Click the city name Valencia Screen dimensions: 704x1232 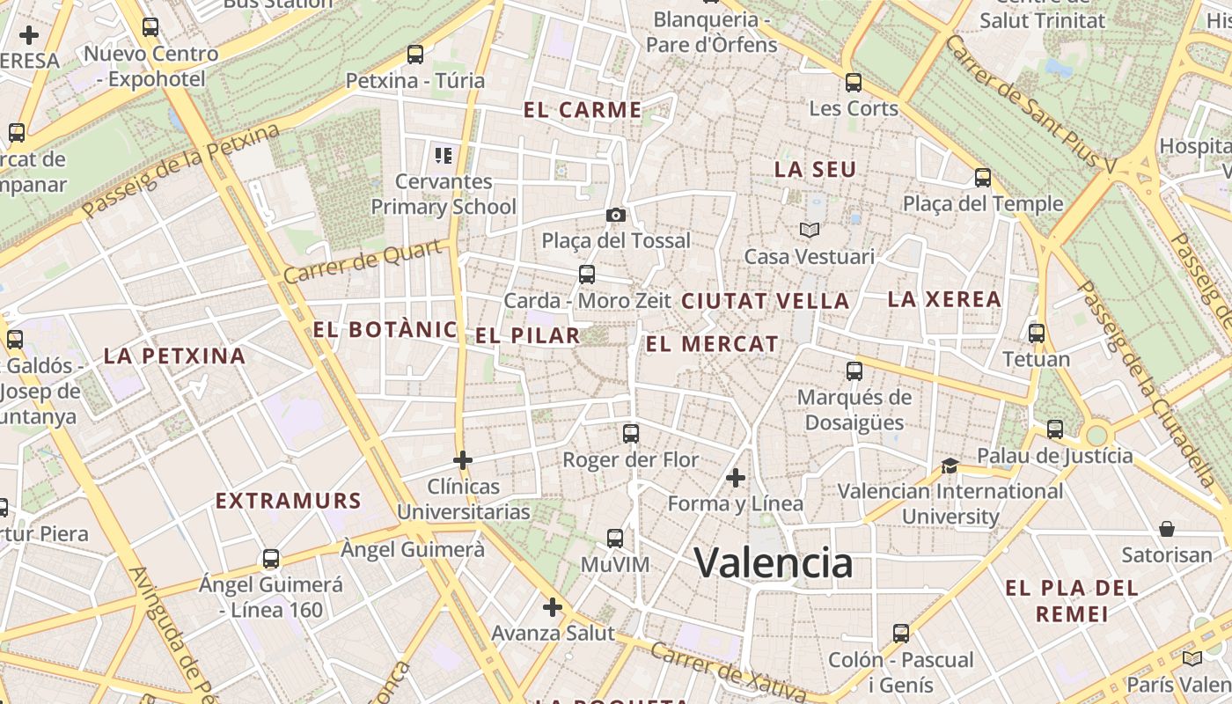[x=774, y=562]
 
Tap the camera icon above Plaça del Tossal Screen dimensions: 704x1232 [x=616, y=215]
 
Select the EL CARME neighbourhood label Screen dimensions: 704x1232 [x=583, y=110]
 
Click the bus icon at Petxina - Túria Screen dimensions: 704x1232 [x=415, y=55]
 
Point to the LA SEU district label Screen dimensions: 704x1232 [x=815, y=170]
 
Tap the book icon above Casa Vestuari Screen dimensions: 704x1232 [x=810, y=231]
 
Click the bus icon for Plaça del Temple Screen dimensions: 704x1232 [x=983, y=178]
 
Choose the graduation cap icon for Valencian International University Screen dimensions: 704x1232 [x=950, y=465]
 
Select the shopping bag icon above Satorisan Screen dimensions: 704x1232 [x=1167, y=529]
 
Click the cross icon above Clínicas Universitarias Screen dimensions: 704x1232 [x=463, y=459]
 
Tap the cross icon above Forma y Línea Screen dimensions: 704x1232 [x=736, y=478]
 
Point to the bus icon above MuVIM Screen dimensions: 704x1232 [x=615, y=538]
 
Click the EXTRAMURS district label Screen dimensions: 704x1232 [x=289, y=501]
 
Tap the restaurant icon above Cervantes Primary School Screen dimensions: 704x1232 [x=444, y=156]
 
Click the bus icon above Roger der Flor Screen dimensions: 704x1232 [x=631, y=433]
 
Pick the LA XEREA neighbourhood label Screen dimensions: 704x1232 [x=944, y=299]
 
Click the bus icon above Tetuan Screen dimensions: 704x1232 [x=1037, y=334]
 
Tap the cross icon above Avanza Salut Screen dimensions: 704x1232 [x=553, y=607]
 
